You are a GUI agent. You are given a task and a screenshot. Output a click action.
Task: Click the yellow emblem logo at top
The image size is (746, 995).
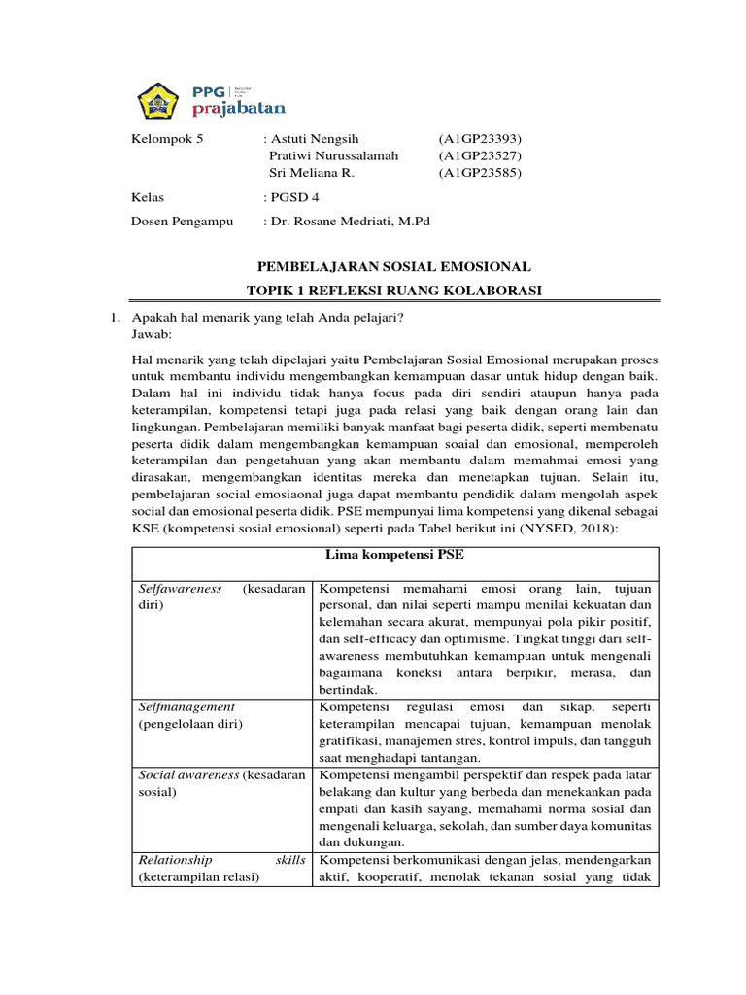point(157,97)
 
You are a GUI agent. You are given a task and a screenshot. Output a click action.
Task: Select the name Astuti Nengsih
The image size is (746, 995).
point(316,138)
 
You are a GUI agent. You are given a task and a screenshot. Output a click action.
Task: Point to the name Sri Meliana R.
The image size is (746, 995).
point(311,173)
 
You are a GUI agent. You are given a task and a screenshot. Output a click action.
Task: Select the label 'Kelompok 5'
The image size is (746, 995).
point(167,138)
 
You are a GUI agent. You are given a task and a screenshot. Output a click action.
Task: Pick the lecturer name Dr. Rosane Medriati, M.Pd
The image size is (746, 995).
point(351,222)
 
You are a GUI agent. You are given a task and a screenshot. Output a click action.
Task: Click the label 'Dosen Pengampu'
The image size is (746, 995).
point(183,222)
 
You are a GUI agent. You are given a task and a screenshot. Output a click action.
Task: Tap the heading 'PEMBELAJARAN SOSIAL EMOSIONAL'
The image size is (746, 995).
point(393,266)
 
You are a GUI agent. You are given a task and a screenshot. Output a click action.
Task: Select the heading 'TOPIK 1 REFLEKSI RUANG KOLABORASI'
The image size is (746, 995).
point(393,291)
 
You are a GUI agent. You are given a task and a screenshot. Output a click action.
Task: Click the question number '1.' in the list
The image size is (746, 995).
point(114,318)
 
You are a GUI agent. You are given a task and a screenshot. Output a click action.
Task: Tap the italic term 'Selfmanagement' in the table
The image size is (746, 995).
point(186,706)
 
